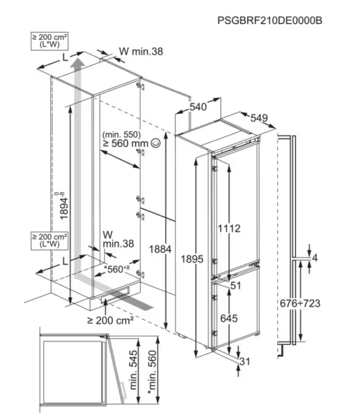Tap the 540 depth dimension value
198,107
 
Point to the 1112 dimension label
229,228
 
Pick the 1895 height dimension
192,260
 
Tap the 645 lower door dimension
229,318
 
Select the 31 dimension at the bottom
245,362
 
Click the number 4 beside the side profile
315,259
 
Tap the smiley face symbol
156,142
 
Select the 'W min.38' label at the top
140,52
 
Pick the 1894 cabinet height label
62,206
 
